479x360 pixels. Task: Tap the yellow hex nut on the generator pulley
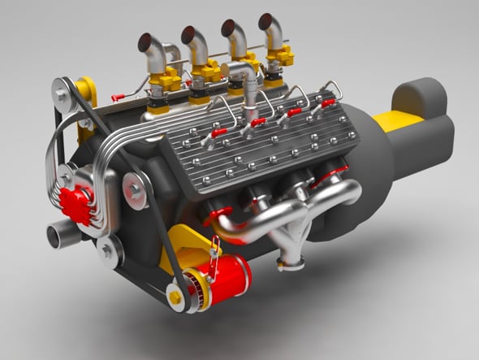(x=175, y=297)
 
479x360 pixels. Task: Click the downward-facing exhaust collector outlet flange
(x=291, y=262)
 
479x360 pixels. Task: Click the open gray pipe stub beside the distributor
(x=57, y=236)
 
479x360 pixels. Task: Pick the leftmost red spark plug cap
(x=218, y=133)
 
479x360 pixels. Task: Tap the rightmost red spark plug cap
(x=328, y=103)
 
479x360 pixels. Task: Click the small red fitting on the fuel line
(x=118, y=98)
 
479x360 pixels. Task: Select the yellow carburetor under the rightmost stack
(x=281, y=58)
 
